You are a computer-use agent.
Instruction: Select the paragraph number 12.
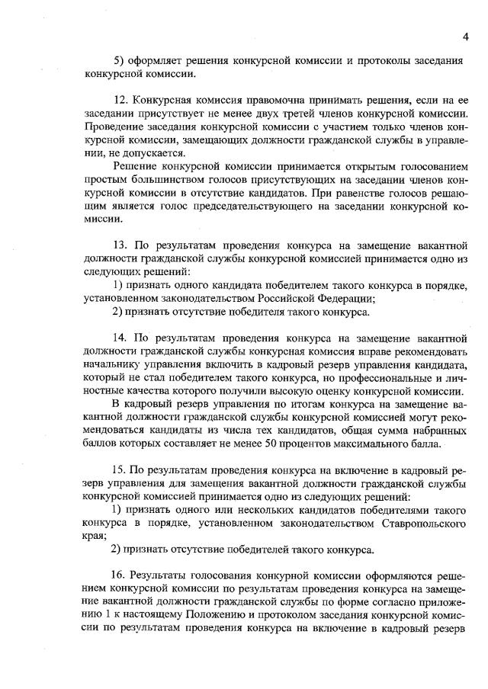coord(119,101)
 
